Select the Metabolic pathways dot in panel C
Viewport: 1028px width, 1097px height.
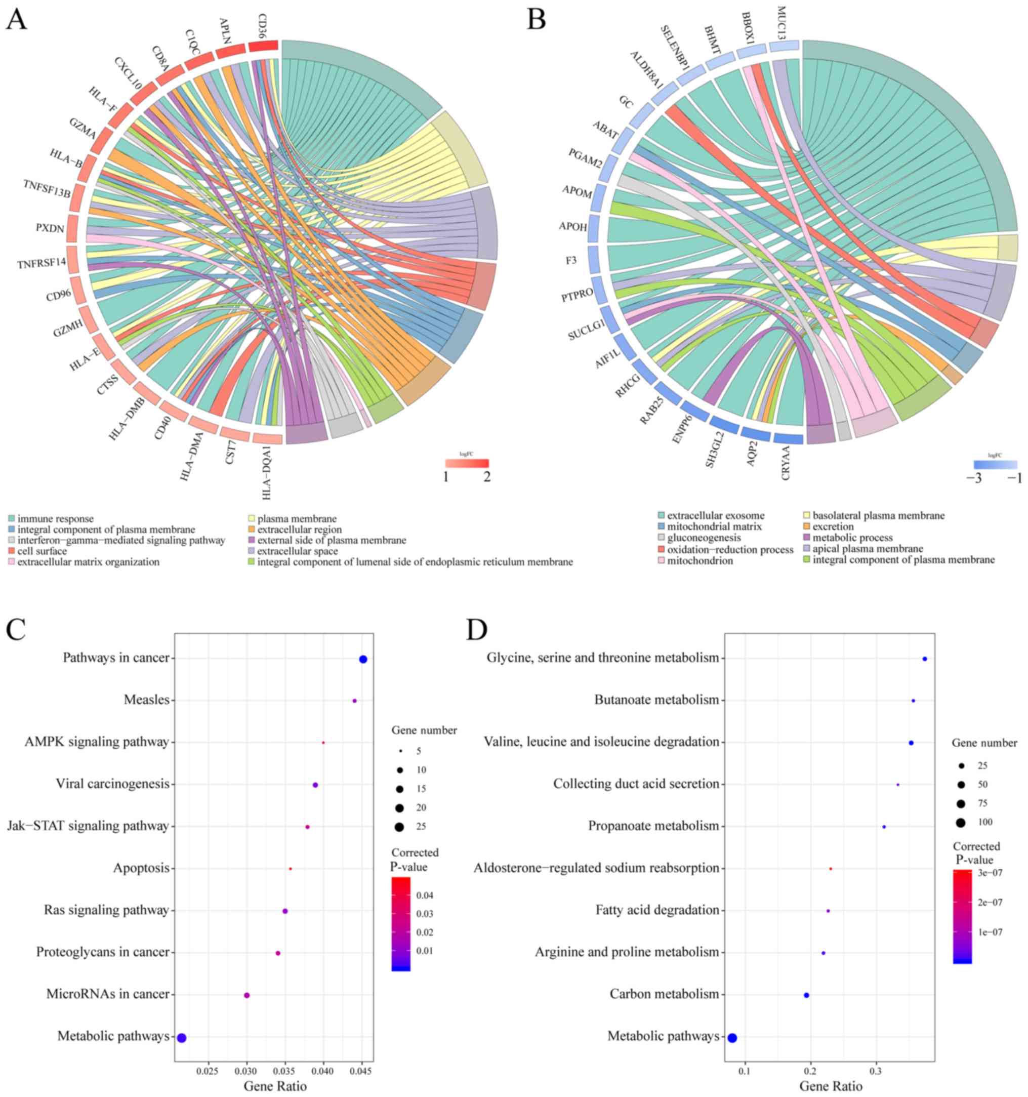182,1038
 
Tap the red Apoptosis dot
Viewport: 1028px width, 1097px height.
290,869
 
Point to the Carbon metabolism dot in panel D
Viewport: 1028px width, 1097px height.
806,995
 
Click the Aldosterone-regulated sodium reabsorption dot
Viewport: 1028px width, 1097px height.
831,869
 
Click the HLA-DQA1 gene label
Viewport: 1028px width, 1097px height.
267,473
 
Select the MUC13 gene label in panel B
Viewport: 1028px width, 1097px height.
781,20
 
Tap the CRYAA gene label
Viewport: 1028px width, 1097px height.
785,463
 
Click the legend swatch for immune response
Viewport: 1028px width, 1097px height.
11,519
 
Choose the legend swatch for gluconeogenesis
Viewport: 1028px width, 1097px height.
661,538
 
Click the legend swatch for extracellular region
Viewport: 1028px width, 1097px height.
251,530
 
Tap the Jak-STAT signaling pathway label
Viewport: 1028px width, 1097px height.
88,826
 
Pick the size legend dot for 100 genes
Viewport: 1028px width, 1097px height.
961,823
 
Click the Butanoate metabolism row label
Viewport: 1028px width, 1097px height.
656,700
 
